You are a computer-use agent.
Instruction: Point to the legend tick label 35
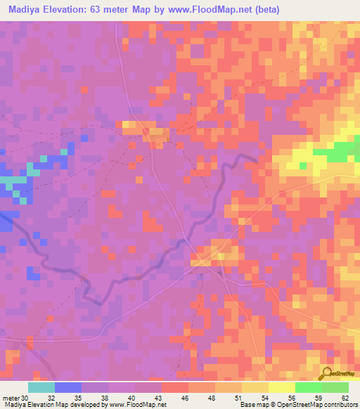point(85,397)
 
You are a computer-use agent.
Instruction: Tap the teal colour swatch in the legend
point(41,387)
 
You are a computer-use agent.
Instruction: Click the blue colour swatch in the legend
point(68,387)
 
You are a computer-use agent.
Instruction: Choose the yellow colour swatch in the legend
point(282,387)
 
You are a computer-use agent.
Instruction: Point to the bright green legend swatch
point(309,387)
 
